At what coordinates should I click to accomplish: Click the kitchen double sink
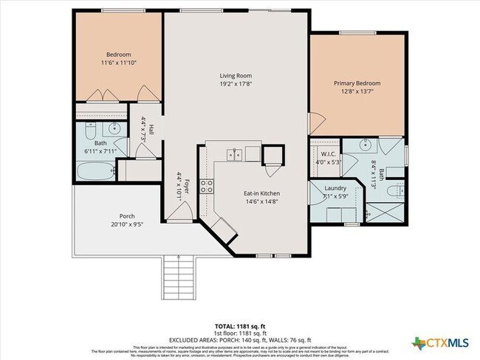pyautogui.click(x=235, y=154)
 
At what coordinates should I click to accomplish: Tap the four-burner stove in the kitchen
pyautogui.click(x=208, y=186)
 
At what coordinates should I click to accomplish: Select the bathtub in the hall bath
pyautogui.click(x=94, y=173)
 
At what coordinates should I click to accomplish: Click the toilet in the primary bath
pyautogui.click(x=397, y=190)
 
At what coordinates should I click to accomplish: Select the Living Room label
pyautogui.click(x=236, y=75)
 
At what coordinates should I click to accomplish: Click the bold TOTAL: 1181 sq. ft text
pyautogui.click(x=240, y=325)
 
